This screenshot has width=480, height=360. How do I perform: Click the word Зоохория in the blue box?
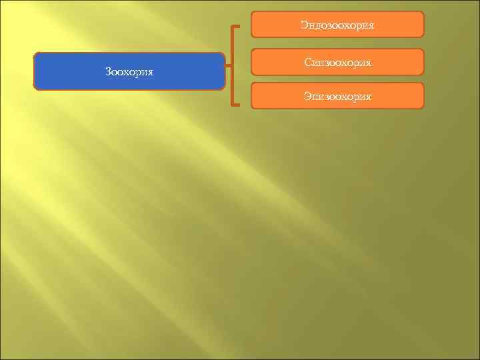(129, 71)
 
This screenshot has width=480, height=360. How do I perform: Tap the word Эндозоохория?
(337, 25)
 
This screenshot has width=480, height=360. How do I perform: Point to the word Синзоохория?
(337, 62)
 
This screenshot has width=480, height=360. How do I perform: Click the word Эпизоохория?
(337, 97)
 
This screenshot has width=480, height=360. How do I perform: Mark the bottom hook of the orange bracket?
(236, 105)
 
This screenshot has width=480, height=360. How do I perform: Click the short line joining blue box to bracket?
(229, 67)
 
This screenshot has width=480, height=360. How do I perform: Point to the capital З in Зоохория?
(108, 71)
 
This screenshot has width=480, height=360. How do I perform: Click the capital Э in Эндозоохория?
(303, 25)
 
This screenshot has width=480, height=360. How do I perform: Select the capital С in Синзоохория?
(307, 62)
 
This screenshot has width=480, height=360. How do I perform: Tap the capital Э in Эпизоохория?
(307, 97)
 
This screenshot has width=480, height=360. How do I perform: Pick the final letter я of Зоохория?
(151, 72)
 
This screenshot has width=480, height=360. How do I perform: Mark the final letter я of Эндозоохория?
(371, 26)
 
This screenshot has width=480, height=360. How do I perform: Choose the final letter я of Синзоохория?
(368, 63)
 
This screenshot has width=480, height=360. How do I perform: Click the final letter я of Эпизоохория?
(368, 97)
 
